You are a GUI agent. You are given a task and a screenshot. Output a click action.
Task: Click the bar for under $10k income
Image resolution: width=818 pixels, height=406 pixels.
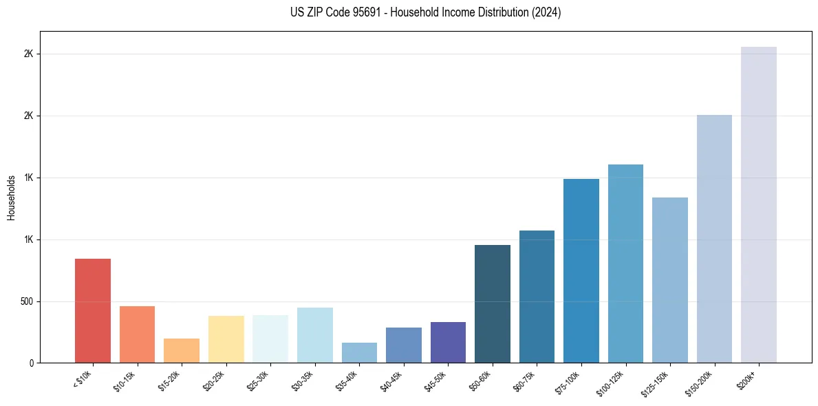[x=93, y=310]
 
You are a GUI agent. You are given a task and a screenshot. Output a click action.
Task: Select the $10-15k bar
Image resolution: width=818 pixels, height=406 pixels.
[x=137, y=334]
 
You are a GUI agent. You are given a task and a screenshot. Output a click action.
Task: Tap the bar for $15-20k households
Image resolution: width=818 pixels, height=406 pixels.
[x=182, y=350]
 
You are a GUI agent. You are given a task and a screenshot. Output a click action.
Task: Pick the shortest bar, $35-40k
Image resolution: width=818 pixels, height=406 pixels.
[x=359, y=352]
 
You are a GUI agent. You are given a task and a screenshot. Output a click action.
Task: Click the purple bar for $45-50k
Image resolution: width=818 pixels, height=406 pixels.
[x=448, y=342]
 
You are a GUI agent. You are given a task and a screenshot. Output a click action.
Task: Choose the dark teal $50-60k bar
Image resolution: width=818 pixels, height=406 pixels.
[x=493, y=303]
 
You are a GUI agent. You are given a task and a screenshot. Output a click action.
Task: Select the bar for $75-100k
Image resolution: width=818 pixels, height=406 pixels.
[x=581, y=270]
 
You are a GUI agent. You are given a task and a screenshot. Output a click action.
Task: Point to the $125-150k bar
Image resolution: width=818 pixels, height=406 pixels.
[x=670, y=280]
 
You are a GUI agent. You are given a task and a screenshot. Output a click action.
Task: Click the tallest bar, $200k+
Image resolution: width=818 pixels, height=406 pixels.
[x=759, y=204]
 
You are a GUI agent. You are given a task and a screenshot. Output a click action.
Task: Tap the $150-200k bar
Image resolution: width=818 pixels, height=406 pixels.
[x=714, y=239]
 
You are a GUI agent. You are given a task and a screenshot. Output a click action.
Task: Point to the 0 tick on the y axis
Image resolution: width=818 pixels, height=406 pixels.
[x=30, y=363]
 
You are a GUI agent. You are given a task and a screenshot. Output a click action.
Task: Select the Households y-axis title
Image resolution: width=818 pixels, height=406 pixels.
[x=11, y=197]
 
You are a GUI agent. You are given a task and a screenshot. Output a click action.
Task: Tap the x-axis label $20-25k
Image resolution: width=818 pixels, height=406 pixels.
[x=215, y=381]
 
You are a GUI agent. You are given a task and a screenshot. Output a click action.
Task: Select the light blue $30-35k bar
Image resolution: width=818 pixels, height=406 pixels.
[x=315, y=335]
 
